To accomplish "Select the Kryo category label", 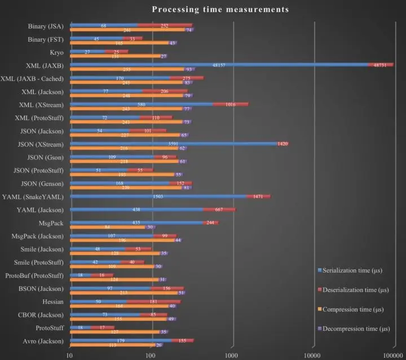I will (56, 52).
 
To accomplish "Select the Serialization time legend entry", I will (350, 270).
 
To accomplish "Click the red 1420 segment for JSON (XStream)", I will (283, 144).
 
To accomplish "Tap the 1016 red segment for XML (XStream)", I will (230, 104).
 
